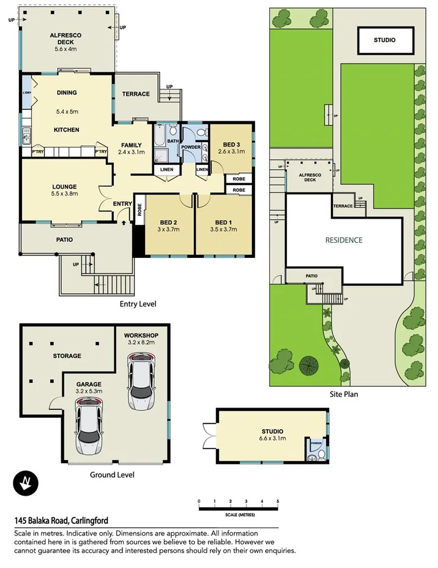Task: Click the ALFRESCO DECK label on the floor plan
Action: (x=65, y=39)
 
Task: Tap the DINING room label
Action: (x=66, y=93)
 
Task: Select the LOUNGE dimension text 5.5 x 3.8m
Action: (x=64, y=194)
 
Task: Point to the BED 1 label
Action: (x=223, y=222)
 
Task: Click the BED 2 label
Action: (x=168, y=222)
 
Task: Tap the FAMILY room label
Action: (x=132, y=145)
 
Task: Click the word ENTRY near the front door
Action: (x=122, y=204)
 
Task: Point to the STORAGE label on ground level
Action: (x=67, y=356)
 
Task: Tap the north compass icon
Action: (x=26, y=484)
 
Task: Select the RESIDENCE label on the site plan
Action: (x=343, y=240)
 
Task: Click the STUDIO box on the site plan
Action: (x=385, y=40)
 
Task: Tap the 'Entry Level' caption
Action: (x=138, y=304)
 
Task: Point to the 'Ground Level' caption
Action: (x=112, y=475)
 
